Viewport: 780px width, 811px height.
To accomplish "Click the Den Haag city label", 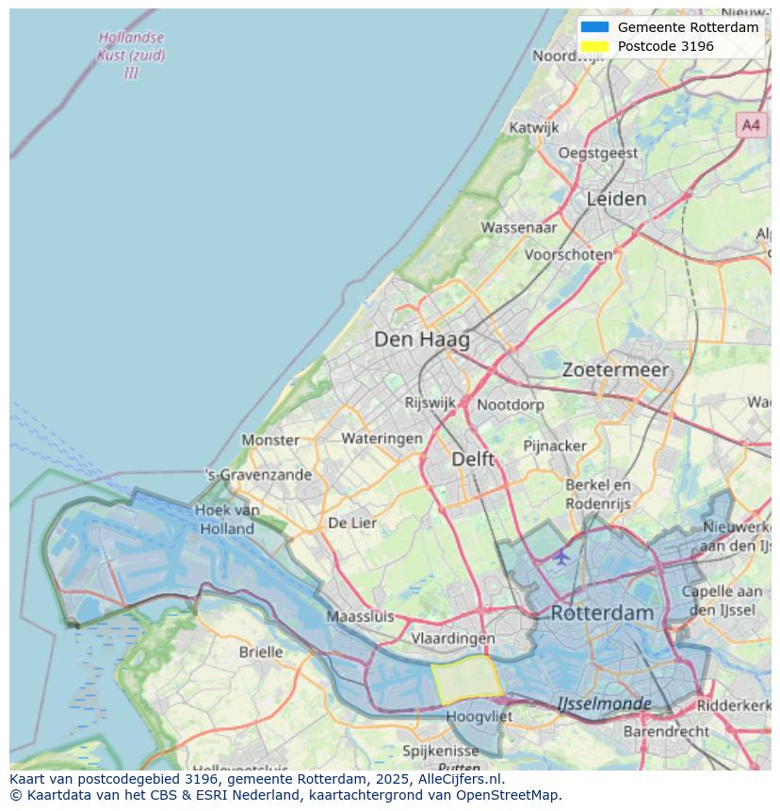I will click(421, 339).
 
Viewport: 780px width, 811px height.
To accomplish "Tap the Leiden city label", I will click(616, 199).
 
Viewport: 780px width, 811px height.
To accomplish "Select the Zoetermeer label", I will click(615, 370).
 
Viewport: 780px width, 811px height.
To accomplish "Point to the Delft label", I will click(473, 459).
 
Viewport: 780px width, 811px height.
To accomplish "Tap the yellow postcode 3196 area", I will click(466, 681).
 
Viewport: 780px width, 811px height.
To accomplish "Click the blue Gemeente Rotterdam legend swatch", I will click(594, 27).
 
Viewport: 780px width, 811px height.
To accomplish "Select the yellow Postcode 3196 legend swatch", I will click(594, 46).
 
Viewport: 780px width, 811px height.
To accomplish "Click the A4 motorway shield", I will click(750, 124).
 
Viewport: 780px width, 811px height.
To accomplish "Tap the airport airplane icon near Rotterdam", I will click(561, 557).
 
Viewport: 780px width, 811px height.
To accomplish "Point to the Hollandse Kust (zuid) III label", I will click(131, 55).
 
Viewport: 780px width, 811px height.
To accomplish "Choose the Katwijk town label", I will click(533, 127).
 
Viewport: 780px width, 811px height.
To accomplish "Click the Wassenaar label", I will click(519, 227).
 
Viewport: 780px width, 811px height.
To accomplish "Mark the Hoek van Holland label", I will click(227, 519).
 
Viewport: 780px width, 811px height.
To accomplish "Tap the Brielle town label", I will click(260, 652).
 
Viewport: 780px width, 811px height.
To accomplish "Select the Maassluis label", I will click(360, 617).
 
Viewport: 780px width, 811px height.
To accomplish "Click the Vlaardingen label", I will click(453, 638).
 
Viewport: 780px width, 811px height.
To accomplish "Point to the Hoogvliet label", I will click(479, 716).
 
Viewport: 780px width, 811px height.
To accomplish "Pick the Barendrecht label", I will click(666, 731).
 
